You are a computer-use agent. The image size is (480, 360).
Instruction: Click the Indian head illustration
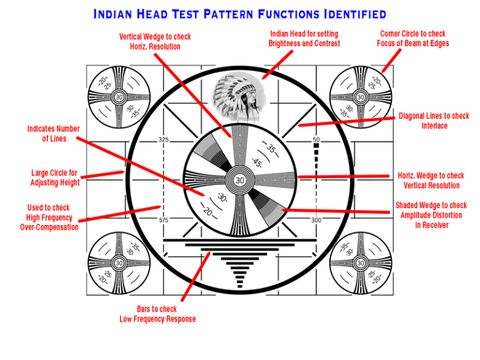(240, 98)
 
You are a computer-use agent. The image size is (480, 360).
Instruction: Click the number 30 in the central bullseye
(239, 181)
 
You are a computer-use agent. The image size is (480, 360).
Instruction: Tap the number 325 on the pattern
(163, 139)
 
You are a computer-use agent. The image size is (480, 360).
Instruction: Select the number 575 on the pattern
(163, 220)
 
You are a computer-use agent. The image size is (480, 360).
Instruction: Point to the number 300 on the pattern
(316, 220)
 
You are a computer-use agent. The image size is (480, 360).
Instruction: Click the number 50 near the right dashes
(316, 139)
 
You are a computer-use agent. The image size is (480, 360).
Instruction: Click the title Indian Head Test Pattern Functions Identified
(240, 14)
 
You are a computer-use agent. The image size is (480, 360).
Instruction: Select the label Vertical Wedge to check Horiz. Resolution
(155, 42)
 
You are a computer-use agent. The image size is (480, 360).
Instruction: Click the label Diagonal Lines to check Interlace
(434, 121)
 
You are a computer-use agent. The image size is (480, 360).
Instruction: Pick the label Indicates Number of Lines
(54, 134)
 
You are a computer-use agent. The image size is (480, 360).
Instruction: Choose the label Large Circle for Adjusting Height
(55, 177)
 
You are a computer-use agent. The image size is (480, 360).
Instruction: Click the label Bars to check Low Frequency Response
(157, 314)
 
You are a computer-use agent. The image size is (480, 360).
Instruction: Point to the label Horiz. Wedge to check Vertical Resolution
(431, 181)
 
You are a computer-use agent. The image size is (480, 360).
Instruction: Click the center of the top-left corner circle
(119, 97)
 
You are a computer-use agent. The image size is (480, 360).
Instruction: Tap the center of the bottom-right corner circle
(361, 263)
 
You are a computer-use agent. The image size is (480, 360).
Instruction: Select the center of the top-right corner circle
(361, 97)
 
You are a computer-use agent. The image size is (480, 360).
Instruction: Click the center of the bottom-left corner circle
(119, 263)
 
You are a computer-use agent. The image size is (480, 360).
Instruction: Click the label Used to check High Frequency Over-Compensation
(49, 217)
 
